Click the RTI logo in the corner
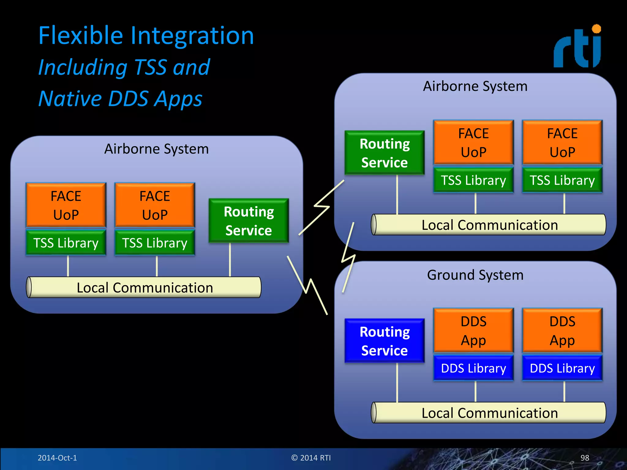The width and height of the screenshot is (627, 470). point(577,47)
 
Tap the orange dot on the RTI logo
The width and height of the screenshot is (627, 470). point(596,29)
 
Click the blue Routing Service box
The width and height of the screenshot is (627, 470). point(385,341)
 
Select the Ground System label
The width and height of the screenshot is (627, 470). point(475,275)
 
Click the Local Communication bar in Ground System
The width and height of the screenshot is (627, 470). point(489,413)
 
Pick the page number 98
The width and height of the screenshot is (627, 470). point(584,458)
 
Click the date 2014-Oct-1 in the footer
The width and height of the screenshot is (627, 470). point(57,458)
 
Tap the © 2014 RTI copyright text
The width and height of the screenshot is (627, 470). point(311,458)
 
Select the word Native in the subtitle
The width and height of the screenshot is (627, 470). point(70,99)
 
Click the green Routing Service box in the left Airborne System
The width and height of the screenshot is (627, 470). point(249,221)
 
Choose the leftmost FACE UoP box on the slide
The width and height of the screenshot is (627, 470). point(66,205)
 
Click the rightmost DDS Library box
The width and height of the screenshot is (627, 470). point(562,368)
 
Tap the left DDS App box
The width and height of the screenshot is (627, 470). point(473,330)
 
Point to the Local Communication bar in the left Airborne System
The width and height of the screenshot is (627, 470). point(145,288)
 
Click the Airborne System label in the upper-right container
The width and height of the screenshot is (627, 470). point(475,86)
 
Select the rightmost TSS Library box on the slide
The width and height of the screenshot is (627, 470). point(562,180)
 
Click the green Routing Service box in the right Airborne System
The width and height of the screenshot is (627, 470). point(385,153)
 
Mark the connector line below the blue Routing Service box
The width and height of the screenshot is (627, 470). point(397,382)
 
